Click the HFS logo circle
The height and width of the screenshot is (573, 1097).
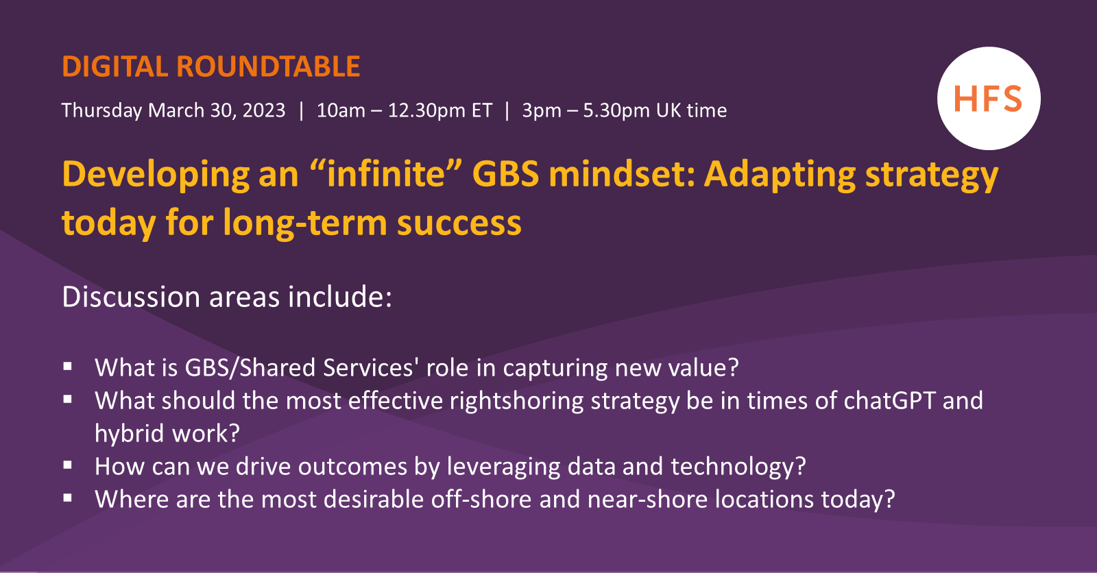click(988, 99)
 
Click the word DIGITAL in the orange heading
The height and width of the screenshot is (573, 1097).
click(114, 67)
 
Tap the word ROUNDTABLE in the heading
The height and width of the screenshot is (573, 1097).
click(268, 67)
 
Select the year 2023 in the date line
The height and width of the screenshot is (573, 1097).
click(263, 110)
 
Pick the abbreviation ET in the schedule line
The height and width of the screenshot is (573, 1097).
click(481, 110)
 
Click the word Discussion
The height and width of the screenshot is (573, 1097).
click(131, 297)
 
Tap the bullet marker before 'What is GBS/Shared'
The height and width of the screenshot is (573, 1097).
click(67, 367)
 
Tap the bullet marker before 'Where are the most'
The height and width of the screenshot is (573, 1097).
click(67, 498)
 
